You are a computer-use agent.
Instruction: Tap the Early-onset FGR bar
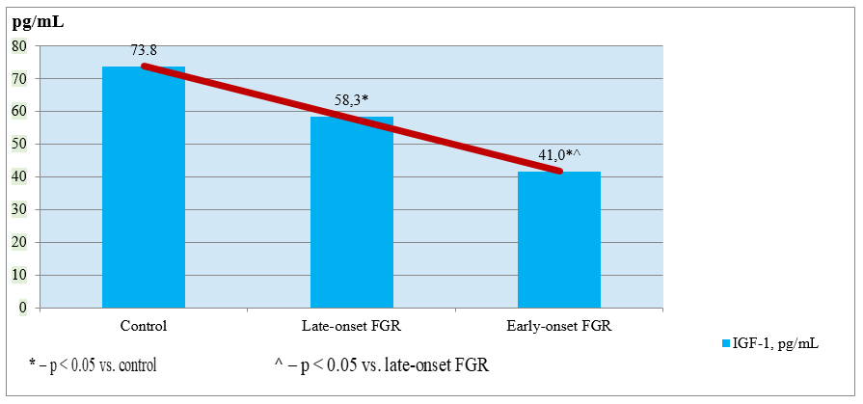(x=559, y=241)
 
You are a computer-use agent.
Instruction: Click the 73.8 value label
(x=145, y=50)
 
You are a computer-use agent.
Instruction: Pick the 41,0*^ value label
(x=560, y=155)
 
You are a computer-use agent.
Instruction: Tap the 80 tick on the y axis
(x=19, y=45)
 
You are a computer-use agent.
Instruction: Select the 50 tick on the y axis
(x=19, y=144)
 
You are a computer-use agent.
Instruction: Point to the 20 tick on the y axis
(x=19, y=242)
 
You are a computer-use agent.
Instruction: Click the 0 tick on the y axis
(x=23, y=308)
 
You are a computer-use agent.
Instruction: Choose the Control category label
(x=144, y=326)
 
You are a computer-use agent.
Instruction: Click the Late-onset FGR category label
(x=351, y=326)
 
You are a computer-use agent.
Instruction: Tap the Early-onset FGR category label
(x=559, y=326)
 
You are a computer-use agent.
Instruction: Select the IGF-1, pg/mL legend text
(x=777, y=342)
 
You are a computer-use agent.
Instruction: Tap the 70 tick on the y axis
(x=19, y=78)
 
